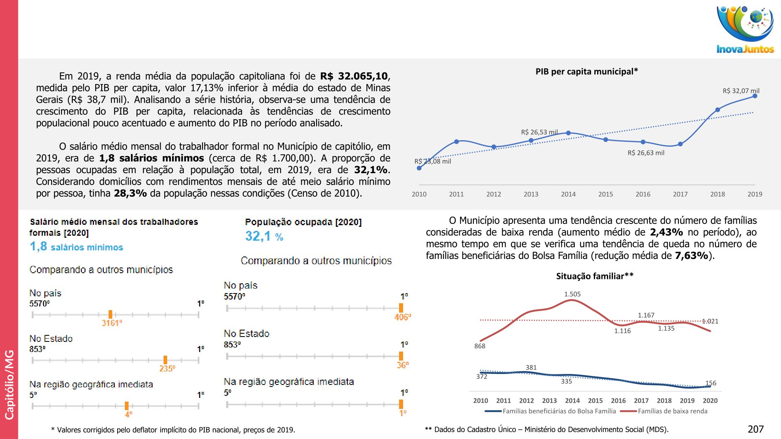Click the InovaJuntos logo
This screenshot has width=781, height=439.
745,30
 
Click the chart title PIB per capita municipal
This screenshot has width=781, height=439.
586,72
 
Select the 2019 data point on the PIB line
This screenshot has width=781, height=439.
755,96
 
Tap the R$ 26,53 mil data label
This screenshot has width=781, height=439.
539,132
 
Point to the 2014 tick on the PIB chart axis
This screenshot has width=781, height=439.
568,194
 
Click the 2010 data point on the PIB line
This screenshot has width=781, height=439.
419,168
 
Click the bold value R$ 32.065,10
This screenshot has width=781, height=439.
354,76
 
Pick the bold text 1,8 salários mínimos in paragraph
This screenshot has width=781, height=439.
151,158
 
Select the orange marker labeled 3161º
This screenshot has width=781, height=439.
110,314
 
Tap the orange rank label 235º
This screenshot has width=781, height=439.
167,369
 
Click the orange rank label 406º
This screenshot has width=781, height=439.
403,317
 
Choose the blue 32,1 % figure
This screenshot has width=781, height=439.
264,236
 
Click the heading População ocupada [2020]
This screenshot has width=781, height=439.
303,222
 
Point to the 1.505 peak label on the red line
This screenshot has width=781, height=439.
572,294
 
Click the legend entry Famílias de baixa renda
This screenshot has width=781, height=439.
672,411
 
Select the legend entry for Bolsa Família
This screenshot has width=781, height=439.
559,411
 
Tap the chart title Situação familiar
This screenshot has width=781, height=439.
594,276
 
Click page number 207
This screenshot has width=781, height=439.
755,429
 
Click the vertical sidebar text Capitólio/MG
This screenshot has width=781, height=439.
9,384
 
